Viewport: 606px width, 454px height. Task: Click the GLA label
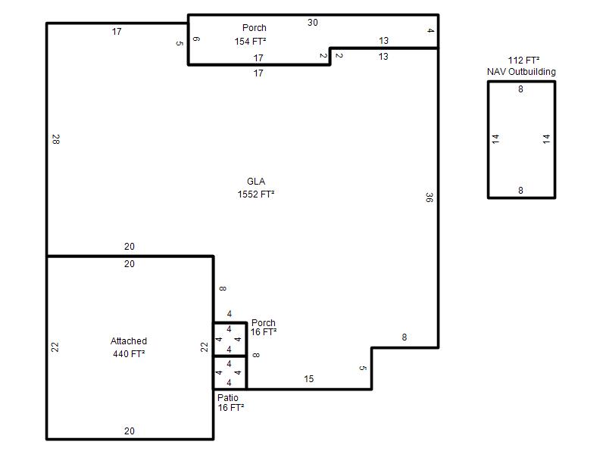(256, 182)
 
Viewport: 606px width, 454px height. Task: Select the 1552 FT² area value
(256, 194)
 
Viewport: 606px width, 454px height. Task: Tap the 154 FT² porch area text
(250, 41)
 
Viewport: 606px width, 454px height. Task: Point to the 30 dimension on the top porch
(313, 23)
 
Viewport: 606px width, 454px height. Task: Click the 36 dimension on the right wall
(429, 197)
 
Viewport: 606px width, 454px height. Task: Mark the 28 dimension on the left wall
(55, 139)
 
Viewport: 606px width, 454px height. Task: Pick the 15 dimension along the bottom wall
(308, 379)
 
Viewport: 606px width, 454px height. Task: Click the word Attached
(129, 341)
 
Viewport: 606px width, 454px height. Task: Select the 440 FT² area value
(129, 353)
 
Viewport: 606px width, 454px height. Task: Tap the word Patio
(228, 398)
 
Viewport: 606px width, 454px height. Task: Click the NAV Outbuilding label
(521, 72)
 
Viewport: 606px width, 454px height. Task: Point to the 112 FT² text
(523, 61)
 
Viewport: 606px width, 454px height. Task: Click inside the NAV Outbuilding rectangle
(521, 139)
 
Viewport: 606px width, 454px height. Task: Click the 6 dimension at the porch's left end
(196, 39)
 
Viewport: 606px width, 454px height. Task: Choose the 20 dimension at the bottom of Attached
(129, 431)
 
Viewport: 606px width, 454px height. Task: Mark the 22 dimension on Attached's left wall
(55, 347)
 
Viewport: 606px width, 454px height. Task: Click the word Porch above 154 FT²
(255, 28)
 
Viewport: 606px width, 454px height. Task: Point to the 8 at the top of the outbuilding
(520, 89)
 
